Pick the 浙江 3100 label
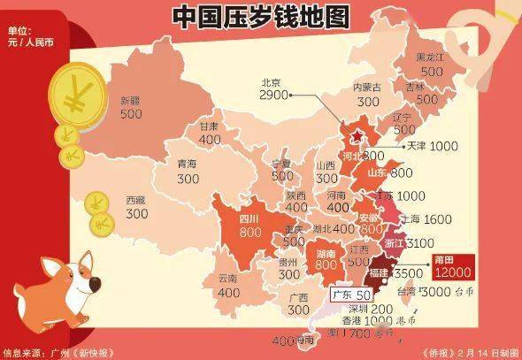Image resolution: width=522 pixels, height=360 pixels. point(408,241)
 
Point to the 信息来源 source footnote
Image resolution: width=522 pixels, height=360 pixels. point(58,353)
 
